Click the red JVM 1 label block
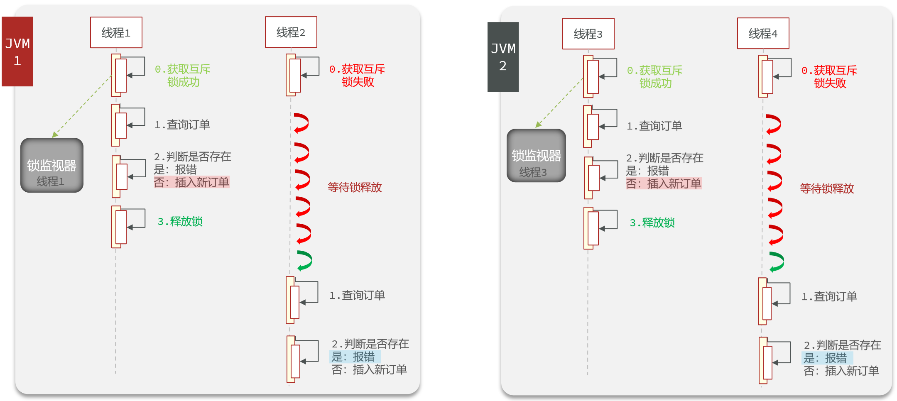point(17,51)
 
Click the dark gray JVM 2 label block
point(503,57)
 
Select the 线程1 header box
point(116,32)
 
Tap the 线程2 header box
point(291,32)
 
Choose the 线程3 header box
point(588,34)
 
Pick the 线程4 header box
point(763,33)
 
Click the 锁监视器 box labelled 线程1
point(52,165)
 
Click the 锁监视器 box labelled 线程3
point(536,156)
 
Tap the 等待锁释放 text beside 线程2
point(355,187)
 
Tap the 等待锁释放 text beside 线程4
point(827,188)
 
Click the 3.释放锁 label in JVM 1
point(180,221)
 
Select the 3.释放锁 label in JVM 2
point(652,223)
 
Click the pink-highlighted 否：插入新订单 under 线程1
point(191,182)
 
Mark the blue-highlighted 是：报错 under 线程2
point(355,357)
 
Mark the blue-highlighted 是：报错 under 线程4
point(827,358)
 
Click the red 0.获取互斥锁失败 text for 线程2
point(357,76)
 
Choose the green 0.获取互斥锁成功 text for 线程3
point(655,77)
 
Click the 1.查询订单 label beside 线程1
point(182,125)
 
